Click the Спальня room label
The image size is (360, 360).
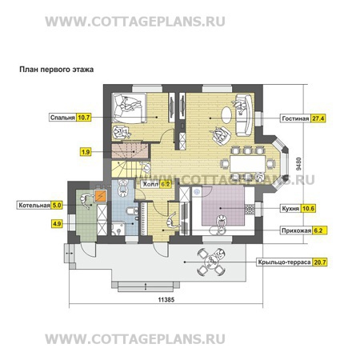click(x=62, y=118)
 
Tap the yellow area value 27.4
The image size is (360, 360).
click(x=318, y=118)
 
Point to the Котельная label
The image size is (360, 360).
click(x=34, y=206)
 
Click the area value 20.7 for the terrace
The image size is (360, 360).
click(x=320, y=262)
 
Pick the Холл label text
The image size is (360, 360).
click(x=150, y=184)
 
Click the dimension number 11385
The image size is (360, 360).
click(x=166, y=300)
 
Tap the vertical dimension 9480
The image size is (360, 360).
click(x=299, y=164)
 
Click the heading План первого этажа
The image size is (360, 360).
click(x=57, y=70)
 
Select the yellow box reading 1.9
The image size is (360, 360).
click(x=86, y=152)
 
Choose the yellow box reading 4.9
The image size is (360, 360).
click(x=57, y=223)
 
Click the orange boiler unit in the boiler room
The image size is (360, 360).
click(x=101, y=196)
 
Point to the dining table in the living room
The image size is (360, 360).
click(x=247, y=164)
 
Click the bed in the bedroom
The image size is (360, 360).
click(x=129, y=108)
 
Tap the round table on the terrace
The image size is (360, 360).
click(x=211, y=262)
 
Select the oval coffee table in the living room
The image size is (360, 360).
click(x=226, y=115)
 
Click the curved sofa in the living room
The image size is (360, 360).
click(x=244, y=114)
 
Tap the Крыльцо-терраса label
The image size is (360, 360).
click(x=284, y=262)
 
